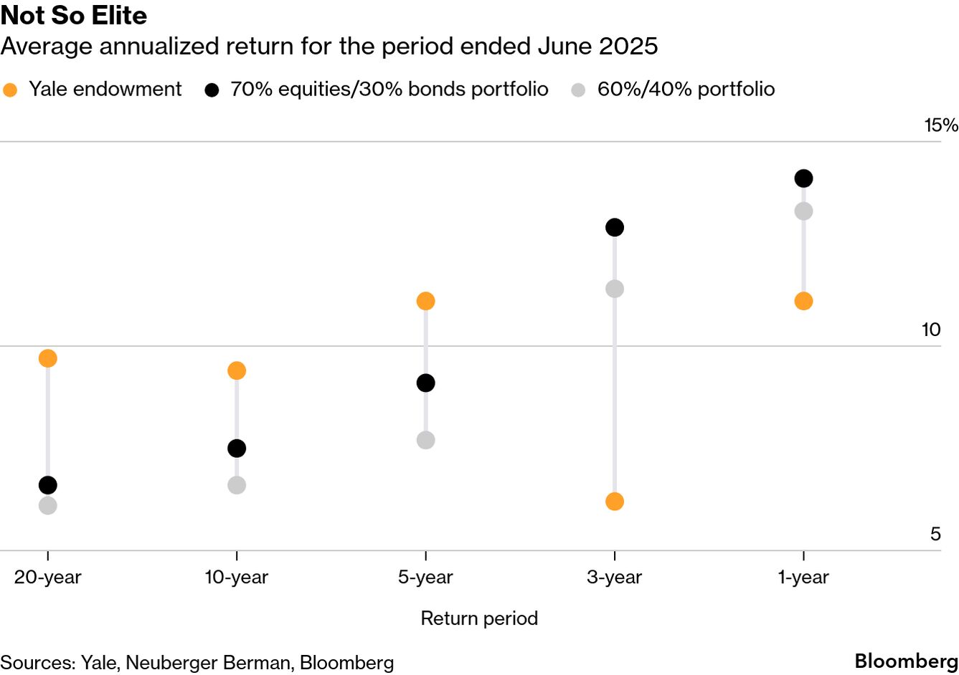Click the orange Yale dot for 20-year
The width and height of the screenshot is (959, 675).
[x=47, y=358]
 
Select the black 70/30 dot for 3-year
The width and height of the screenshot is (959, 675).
[x=615, y=228]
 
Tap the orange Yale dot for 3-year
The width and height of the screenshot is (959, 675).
[x=615, y=502]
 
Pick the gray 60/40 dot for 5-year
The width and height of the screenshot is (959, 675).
[x=425, y=440]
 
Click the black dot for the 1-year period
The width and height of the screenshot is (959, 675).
[x=803, y=178]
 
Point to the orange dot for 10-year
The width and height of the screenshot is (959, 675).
[x=237, y=370]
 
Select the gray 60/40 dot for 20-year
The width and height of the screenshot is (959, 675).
[x=47, y=505]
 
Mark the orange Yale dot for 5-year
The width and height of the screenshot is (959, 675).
[x=425, y=301]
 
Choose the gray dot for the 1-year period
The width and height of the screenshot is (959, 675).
[x=803, y=211]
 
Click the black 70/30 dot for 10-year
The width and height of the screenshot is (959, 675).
[x=237, y=449]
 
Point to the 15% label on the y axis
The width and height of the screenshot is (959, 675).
[x=940, y=125]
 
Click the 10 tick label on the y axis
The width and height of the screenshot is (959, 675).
[x=930, y=330]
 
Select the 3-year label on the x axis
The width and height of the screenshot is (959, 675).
[x=614, y=578]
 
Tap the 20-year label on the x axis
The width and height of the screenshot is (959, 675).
[x=47, y=578]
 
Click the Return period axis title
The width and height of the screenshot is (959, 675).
[x=479, y=618]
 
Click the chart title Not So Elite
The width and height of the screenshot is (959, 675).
[x=74, y=15]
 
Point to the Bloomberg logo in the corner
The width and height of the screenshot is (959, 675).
[x=906, y=661]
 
